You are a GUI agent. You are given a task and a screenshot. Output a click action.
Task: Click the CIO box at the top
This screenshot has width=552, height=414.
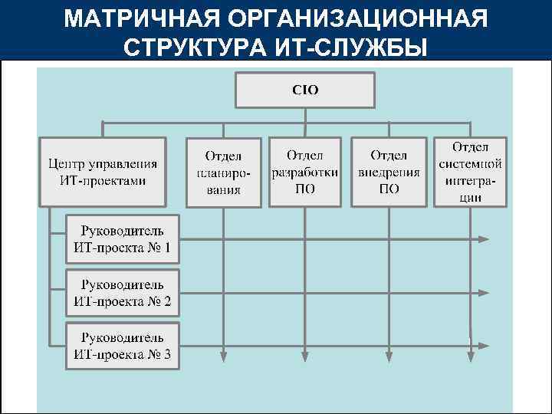pyautogui.click(x=305, y=90)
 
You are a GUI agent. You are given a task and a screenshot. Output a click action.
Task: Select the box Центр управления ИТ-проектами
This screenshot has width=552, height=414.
pyautogui.click(x=103, y=172)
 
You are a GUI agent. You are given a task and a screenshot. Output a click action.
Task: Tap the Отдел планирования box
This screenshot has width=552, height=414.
pyautogui.click(x=224, y=172)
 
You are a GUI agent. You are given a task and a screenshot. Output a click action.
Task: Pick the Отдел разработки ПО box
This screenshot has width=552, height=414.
pyautogui.click(x=305, y=172)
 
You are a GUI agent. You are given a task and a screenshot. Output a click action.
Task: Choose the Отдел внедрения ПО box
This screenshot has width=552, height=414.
pyautogui.click(x=389, y=172)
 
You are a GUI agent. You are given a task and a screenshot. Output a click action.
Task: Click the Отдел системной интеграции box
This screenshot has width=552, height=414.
pyautogui.click(x=471, y=172)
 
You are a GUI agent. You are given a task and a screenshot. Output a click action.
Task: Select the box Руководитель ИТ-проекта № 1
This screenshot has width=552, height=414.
pyautogui.click(x=123, y=238)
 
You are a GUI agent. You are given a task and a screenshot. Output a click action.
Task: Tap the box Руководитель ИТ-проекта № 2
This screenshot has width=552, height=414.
pyautogui.click(x=123, y=293)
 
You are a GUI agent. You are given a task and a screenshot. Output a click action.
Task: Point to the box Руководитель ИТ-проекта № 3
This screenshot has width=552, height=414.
pyautogui.click(x=123, y=346)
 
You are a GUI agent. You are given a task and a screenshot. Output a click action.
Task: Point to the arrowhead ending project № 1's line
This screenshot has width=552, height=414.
pyautogui.click(x=483, y=239)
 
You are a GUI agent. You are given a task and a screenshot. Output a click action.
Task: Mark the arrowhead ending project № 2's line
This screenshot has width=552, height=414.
pyautogui.click(x=483, y=293)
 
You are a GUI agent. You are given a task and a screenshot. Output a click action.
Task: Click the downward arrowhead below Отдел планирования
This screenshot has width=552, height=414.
pyautogui.click(x=224, y=354)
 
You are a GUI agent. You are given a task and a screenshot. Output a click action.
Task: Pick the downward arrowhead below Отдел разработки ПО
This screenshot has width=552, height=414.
pyautogui.click(x=305, y=354)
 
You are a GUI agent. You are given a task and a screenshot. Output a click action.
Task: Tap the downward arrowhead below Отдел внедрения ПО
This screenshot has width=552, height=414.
pyautogui.click(x=389, y=354)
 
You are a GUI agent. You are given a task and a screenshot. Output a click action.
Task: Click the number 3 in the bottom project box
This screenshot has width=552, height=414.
pyautogui.click(x=166, y=354)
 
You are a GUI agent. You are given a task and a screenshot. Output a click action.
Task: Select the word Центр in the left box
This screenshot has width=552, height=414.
pyautogui.click(x=67, y=163)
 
